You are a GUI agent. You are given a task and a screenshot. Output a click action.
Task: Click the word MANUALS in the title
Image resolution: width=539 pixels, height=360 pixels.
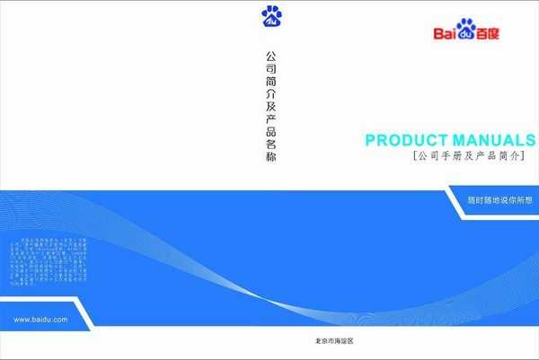coord(493,140)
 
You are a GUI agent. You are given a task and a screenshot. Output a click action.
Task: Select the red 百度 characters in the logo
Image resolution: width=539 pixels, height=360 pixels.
coord(487,34)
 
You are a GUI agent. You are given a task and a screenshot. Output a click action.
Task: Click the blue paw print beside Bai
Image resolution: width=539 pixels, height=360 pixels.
coord(465,30)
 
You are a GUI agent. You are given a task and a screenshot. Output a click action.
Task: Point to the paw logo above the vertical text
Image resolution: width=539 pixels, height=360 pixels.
coord(271,16)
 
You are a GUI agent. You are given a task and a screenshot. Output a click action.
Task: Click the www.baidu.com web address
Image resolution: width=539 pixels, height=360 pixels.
coord(41,320)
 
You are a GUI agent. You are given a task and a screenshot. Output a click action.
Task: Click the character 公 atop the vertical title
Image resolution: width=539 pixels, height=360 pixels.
coord(271,55)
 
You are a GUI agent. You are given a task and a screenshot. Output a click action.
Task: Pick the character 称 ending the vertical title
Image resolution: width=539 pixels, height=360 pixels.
coord(271,157)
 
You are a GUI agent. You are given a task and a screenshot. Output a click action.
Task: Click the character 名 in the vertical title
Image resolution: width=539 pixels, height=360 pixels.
coord(271,143)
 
